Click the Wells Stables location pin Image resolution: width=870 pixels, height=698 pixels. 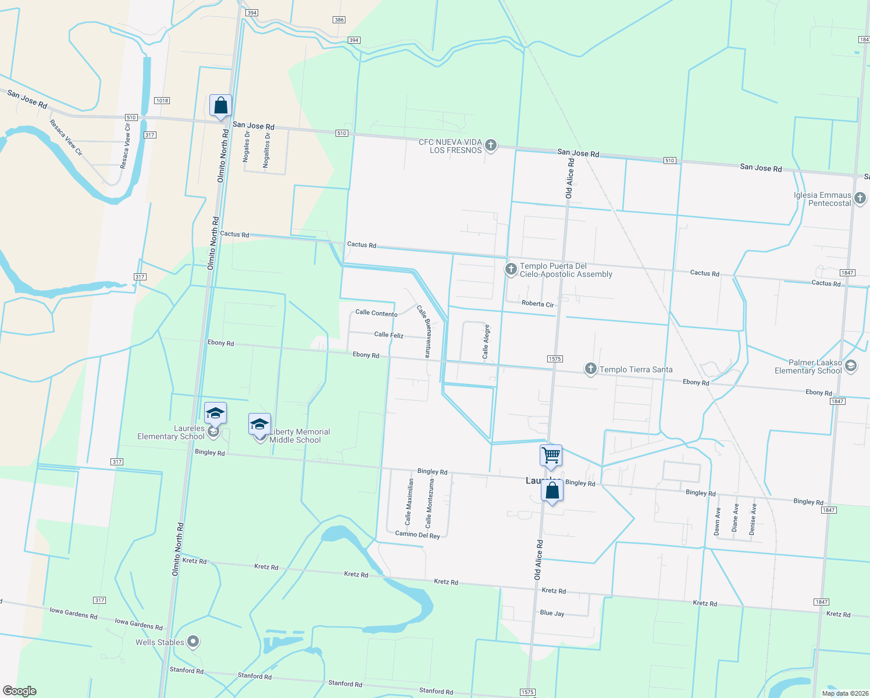point(193,642)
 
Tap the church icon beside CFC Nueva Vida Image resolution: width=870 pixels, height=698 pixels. point(491,145)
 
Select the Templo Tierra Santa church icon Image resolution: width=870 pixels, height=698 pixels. point(590,369)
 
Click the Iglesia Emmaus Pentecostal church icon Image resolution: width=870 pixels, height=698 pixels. point(860,198)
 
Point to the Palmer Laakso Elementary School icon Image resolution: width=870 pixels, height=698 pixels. point(851,366)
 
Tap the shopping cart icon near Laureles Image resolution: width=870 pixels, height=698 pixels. point(551,455)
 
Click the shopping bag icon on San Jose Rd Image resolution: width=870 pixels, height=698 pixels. point(220,106)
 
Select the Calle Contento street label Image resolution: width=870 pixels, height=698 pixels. point(376,313)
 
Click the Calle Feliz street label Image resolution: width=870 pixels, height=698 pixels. point(388,335)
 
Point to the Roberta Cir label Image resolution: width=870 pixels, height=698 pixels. point(537,304)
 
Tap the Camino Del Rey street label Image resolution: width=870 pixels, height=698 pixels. point(418,535)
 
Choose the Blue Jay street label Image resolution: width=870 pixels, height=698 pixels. point(552,613)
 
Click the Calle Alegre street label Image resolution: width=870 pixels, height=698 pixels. point(486,341)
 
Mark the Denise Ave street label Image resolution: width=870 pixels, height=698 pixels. point(753,519)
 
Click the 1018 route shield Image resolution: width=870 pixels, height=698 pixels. point(162,101)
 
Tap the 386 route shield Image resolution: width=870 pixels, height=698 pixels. point(339,20)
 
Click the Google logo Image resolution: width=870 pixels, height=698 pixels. point(20,691)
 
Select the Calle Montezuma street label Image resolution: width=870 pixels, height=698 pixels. point(429,504)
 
